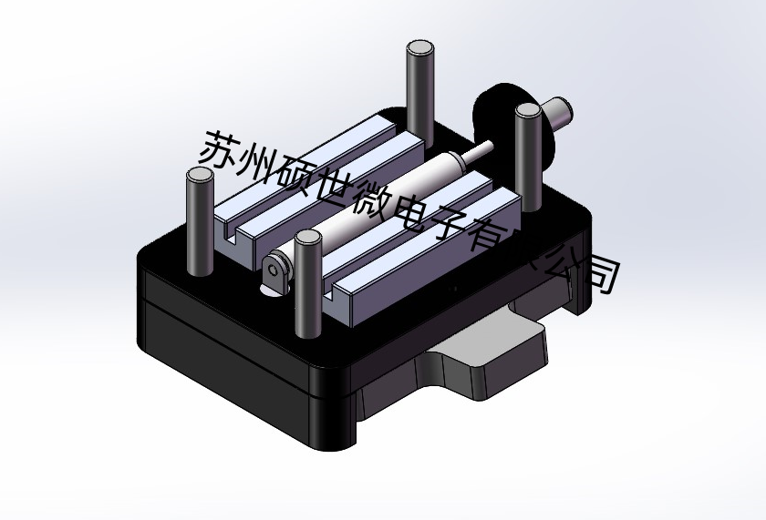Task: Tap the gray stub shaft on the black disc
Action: [x=558, y=114]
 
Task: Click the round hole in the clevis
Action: [x=274, y=270]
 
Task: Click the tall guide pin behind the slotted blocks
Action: [x=419, y=87]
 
